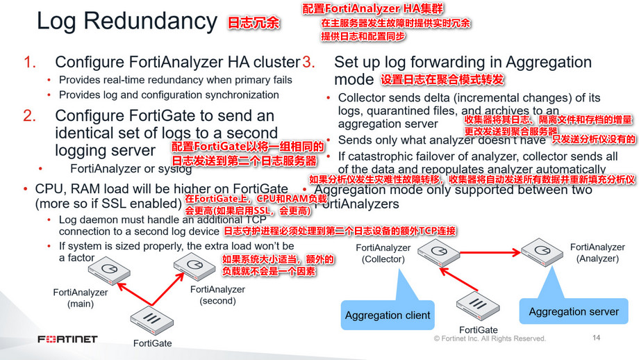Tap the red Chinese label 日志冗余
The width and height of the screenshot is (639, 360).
(x=254, y=23)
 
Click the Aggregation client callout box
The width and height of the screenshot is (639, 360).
(x=387, y=315)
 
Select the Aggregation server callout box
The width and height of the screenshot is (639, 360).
(x=574, y=311)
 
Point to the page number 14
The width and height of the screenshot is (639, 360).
(x=595, y=338)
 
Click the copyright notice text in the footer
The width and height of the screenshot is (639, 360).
(x=490, y=338)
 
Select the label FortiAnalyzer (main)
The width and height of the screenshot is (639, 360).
(x=81, y=298)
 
